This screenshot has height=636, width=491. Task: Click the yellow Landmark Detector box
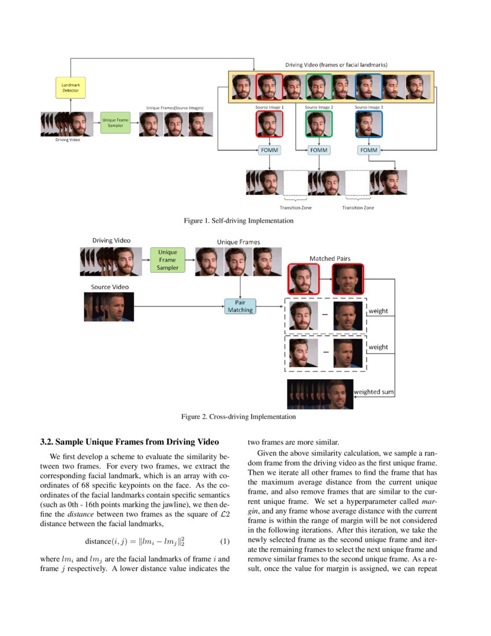[x=70, y=88]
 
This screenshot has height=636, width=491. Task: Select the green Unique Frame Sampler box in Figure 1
[x=116, y=123]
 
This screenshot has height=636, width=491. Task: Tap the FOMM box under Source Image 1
[x=269, y=150]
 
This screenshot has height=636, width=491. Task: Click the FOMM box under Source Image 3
[x=369, y=150]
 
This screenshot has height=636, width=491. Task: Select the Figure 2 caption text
[x=239, y=416]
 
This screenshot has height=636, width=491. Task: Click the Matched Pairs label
[x=330, y=258]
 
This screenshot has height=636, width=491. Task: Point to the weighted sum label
[x=374, y=392]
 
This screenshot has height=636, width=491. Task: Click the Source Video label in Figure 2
[x=110, y=287]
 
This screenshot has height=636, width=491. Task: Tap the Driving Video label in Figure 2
[x=111, y=240]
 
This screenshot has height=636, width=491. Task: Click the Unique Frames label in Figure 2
[x=239, y=242]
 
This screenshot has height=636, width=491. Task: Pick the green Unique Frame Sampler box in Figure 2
[x=168, y=260]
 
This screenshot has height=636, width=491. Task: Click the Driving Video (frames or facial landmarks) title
[x=337, y=65]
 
